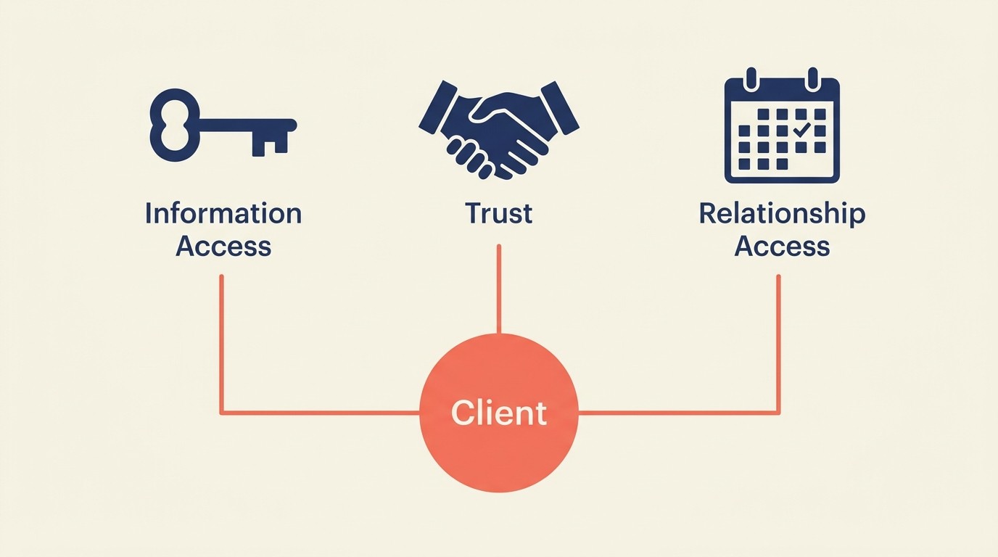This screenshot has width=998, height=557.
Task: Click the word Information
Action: coord(223,213)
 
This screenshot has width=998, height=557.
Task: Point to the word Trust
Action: coord(499,213)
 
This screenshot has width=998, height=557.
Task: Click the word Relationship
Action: coord(782,213)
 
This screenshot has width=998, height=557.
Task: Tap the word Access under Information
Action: coord(223,247)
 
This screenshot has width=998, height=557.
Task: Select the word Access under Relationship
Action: coord(782,247)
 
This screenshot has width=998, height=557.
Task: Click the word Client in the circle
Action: coord(499,413)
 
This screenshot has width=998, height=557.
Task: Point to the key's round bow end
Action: coord(173,125)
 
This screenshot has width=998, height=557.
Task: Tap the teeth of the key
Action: coord(269,143)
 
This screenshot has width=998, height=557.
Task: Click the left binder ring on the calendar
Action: coord(751,78)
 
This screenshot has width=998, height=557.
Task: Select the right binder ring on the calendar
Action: coord(813,78)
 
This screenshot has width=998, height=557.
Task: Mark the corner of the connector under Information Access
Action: coord(221,413)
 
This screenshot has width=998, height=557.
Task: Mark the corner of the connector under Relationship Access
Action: coord(778,413)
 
